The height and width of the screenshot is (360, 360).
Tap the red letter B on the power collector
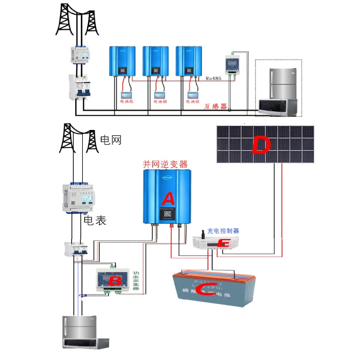coord(116,280)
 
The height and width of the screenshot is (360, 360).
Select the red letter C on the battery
coord(206,289)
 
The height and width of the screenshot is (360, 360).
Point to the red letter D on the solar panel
coord(261,146)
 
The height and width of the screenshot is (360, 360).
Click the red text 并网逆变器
coord(166,165)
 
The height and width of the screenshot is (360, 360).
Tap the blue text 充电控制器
coord(223,231)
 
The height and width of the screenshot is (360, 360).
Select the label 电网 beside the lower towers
coord(111,140)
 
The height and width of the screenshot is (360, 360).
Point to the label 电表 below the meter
coord(95,221)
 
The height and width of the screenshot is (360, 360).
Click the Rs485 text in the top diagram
coord(213,78)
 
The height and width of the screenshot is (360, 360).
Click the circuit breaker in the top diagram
coord(80,87)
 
